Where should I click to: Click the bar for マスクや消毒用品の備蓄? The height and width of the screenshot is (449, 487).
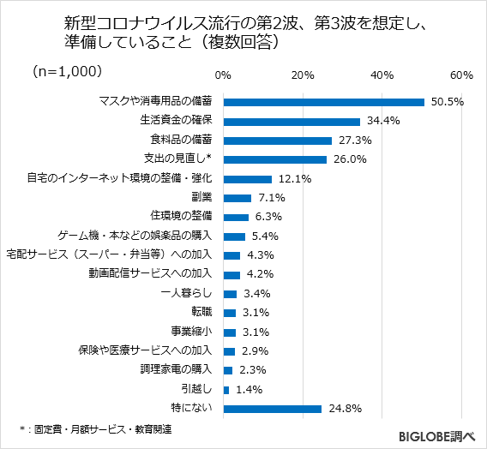(323, 102)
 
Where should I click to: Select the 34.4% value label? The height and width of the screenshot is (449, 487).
(383, 121)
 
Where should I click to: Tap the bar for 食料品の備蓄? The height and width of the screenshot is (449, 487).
(277, 140)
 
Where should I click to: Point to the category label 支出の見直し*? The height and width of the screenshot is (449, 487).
(180, 159)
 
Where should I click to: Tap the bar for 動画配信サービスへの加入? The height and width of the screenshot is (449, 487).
(231, 274)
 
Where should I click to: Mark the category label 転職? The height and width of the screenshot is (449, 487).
(201, 313)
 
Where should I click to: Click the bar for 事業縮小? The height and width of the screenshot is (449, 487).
(229, 332)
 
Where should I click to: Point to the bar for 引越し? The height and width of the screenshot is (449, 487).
(225, 390)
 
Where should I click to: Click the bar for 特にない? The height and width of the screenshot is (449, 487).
(272, 409)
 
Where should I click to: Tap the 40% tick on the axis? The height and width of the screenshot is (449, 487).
(382, 75)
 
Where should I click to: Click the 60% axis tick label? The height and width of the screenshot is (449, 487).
(461, 75)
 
